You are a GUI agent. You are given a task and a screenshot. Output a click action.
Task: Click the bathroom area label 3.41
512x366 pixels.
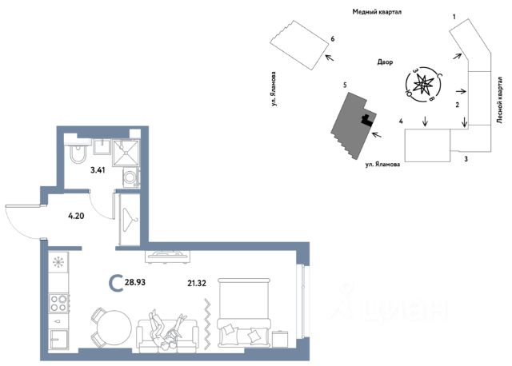tap(98, 170)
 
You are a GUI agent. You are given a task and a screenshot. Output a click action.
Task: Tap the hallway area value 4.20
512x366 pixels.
tap(76, 216)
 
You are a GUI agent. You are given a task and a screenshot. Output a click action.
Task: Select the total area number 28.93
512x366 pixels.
tap(135, 281)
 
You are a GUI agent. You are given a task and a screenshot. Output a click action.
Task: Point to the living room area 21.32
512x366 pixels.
tap(197, 283)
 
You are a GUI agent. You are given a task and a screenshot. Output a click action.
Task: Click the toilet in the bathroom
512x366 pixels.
tap(78, 151)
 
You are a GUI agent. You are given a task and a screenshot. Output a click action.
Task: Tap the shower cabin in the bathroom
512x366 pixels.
tap(126, 153)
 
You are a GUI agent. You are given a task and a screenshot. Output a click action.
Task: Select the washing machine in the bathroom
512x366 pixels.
tap(131, 177)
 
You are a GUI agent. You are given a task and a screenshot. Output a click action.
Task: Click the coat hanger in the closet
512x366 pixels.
tap(130, 219)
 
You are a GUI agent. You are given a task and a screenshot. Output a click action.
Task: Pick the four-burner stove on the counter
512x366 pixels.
tap(58, 303)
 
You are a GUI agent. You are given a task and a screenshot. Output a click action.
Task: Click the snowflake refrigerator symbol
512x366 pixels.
tap(58, 261)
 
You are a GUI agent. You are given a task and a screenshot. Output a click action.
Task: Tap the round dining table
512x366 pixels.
tap(114, 327)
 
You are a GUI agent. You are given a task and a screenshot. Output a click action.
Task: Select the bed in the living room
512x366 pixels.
tap(244, 312)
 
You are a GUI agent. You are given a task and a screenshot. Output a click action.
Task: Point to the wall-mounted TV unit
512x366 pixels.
tap(168, 257)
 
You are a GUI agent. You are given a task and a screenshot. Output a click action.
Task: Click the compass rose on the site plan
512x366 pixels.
tap(423, 85)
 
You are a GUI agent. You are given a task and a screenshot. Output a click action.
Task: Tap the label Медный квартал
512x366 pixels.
tap(377, 12)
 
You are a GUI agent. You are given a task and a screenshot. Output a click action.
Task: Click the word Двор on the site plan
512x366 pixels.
tap(385, 62)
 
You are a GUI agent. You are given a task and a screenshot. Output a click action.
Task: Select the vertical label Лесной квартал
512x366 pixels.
tap(499, 100)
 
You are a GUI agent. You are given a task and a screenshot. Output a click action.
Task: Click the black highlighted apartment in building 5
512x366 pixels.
tap(367, 121)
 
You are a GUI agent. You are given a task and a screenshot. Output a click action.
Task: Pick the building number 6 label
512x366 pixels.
tap(333, 39)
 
